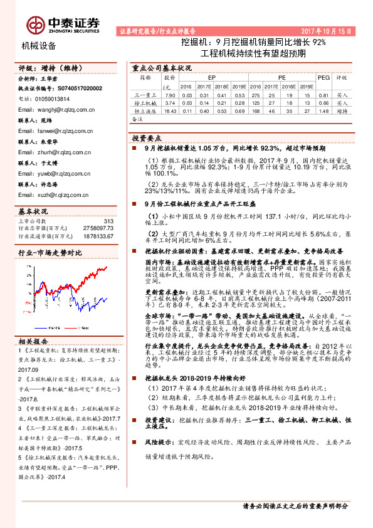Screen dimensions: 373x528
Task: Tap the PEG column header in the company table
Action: [x=323, y=78]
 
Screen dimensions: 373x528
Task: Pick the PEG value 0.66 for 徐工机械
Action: [x=323, y=102]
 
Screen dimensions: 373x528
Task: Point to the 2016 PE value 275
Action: [x=255, y=94]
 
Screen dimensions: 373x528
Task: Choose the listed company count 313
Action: [x=108, y=221]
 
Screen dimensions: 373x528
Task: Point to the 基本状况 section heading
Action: [x=33, y=211]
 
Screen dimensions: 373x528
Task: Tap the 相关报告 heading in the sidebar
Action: [x=32, y=359]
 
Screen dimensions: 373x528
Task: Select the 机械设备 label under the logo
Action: [x=39, y=45]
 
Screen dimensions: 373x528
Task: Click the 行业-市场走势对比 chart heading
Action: [x=51, y=252]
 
